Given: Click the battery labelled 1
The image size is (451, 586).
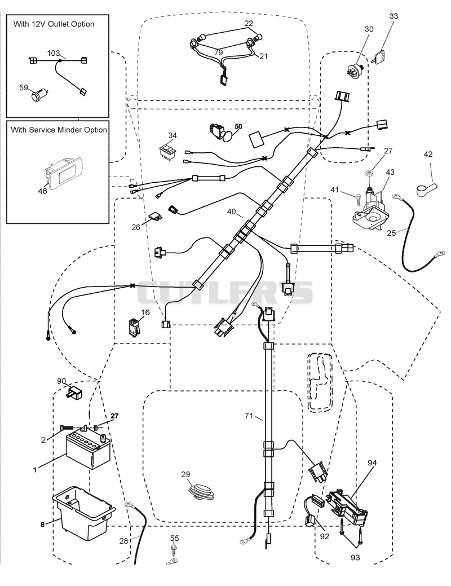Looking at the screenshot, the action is click(x=88, y=450).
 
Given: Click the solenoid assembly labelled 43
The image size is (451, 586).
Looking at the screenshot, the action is click(x=370, y=211).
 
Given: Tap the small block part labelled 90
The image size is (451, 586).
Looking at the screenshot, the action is click(x=74, y=392).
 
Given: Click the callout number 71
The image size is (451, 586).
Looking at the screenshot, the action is click(x=249, y=416).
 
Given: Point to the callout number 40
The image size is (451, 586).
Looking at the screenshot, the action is click(x=232, y=212).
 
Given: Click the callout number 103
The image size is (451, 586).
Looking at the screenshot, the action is click(x=54, y=54).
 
